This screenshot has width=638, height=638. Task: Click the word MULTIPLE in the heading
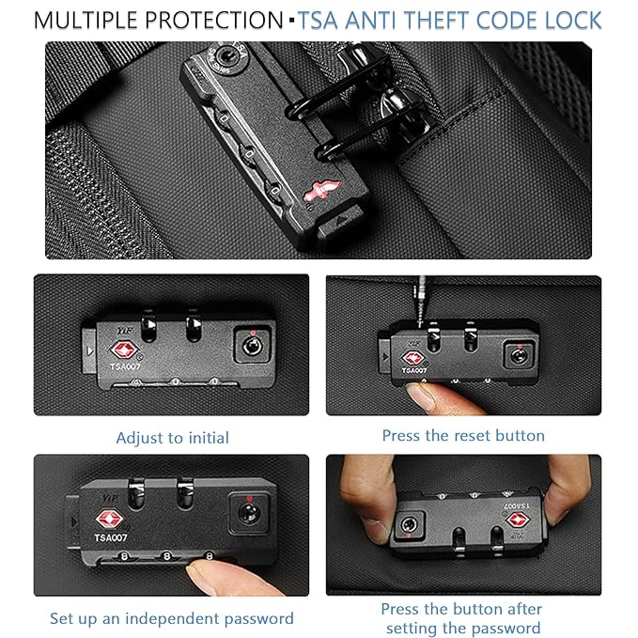86,21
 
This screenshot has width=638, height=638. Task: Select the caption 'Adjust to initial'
173,438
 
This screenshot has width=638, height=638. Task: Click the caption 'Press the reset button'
463,435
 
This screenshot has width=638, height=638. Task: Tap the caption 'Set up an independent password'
172,618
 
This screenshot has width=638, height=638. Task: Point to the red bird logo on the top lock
321,191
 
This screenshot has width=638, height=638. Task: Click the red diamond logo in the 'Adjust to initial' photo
124,350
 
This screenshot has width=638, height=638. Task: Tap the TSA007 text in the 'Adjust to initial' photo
125,366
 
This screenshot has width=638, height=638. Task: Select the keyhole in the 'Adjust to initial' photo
252,347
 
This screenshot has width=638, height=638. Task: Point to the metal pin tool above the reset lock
421,301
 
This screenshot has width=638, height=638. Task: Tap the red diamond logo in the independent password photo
109,520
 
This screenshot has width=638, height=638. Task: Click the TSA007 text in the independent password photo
111,537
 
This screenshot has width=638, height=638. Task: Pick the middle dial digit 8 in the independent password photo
166,555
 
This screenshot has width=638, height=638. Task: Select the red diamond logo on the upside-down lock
517,520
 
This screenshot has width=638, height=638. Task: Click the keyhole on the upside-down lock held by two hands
408,525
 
